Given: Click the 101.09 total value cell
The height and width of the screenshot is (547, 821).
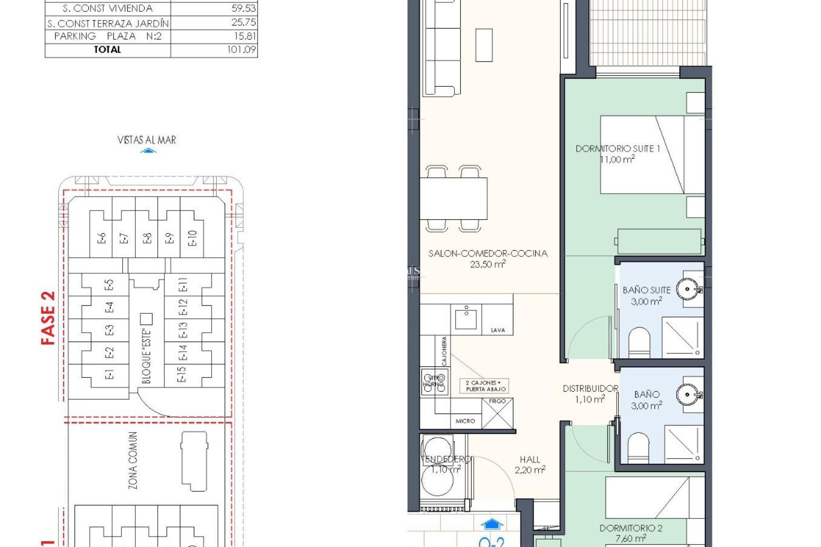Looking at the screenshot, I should tap(241, 50).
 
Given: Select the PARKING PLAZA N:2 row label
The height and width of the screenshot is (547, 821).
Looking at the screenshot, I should tap(108, 36).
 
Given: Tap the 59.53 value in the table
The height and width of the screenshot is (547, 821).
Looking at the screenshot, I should tap(243, 9).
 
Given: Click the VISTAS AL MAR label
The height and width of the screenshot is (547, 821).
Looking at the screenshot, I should tap(147, 140).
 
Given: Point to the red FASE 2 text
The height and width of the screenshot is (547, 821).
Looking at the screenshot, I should tap(48, 318).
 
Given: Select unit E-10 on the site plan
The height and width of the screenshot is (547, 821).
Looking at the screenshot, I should tap(192, 238).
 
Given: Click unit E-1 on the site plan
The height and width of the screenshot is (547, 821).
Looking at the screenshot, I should tap(109, 375).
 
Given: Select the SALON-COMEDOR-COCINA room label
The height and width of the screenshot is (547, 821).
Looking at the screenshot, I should tap(488, 254).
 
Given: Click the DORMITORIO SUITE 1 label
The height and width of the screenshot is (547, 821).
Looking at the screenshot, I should tap(617, 149).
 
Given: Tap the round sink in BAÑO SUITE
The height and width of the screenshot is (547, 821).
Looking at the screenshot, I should tap(688, 289).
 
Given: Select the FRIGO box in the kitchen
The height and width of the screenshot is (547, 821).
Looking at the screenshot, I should tap(497, 413).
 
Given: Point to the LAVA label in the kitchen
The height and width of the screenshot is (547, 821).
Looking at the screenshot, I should tap(497, 330).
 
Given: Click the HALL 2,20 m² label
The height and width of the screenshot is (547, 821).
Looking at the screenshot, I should tap(530, 465).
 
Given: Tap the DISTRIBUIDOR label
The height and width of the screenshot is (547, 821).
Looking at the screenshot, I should tap(590, 389).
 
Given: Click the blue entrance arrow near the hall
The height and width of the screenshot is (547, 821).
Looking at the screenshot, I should tap(492, 524).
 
